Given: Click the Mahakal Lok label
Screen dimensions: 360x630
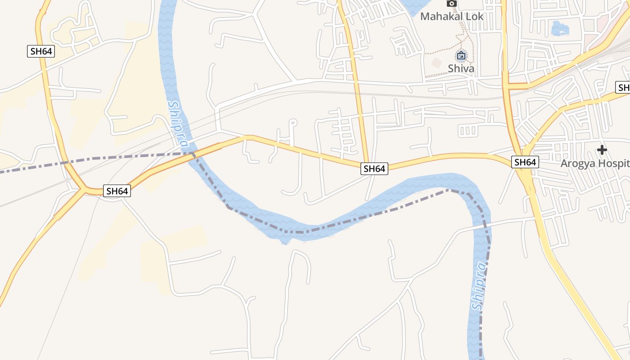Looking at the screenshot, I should (x=451, y=17).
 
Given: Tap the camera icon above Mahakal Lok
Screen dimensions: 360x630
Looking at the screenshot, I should (x=451, y=4).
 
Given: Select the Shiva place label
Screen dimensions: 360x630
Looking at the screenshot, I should (x=461, y=68).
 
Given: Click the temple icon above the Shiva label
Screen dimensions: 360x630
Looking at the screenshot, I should (x=461, y=56).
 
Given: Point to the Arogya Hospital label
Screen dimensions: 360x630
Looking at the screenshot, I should (x=594, y=163).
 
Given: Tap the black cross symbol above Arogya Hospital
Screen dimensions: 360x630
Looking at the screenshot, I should (x=602, y=150).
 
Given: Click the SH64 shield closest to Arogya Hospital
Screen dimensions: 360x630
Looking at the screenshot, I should (x=525, y=162).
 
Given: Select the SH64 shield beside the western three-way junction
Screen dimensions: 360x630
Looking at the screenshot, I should (x=117, y=191).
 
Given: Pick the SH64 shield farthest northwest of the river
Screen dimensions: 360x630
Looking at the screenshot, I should (x=41, y=51).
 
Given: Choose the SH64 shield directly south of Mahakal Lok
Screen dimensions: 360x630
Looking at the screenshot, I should (x=374, y=169).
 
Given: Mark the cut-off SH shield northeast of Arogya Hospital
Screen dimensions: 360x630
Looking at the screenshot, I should (x=623, y=87).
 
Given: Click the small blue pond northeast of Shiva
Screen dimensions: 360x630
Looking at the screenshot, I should (x=560, y=29).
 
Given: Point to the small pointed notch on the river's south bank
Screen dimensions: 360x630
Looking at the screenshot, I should (x=284, y=242).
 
